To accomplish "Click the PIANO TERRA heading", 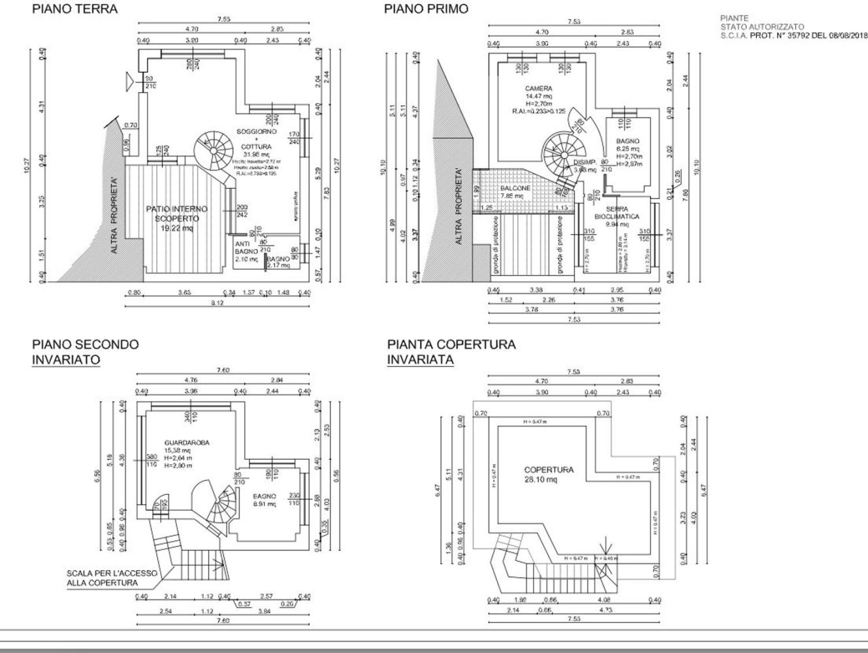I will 75,9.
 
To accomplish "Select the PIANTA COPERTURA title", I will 451,344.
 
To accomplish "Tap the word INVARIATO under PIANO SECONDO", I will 66,359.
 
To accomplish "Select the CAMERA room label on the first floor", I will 538,88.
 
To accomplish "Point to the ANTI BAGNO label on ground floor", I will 246,249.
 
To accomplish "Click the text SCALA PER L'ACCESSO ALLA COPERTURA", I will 112,577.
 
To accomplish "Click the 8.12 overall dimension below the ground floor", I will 216,302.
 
